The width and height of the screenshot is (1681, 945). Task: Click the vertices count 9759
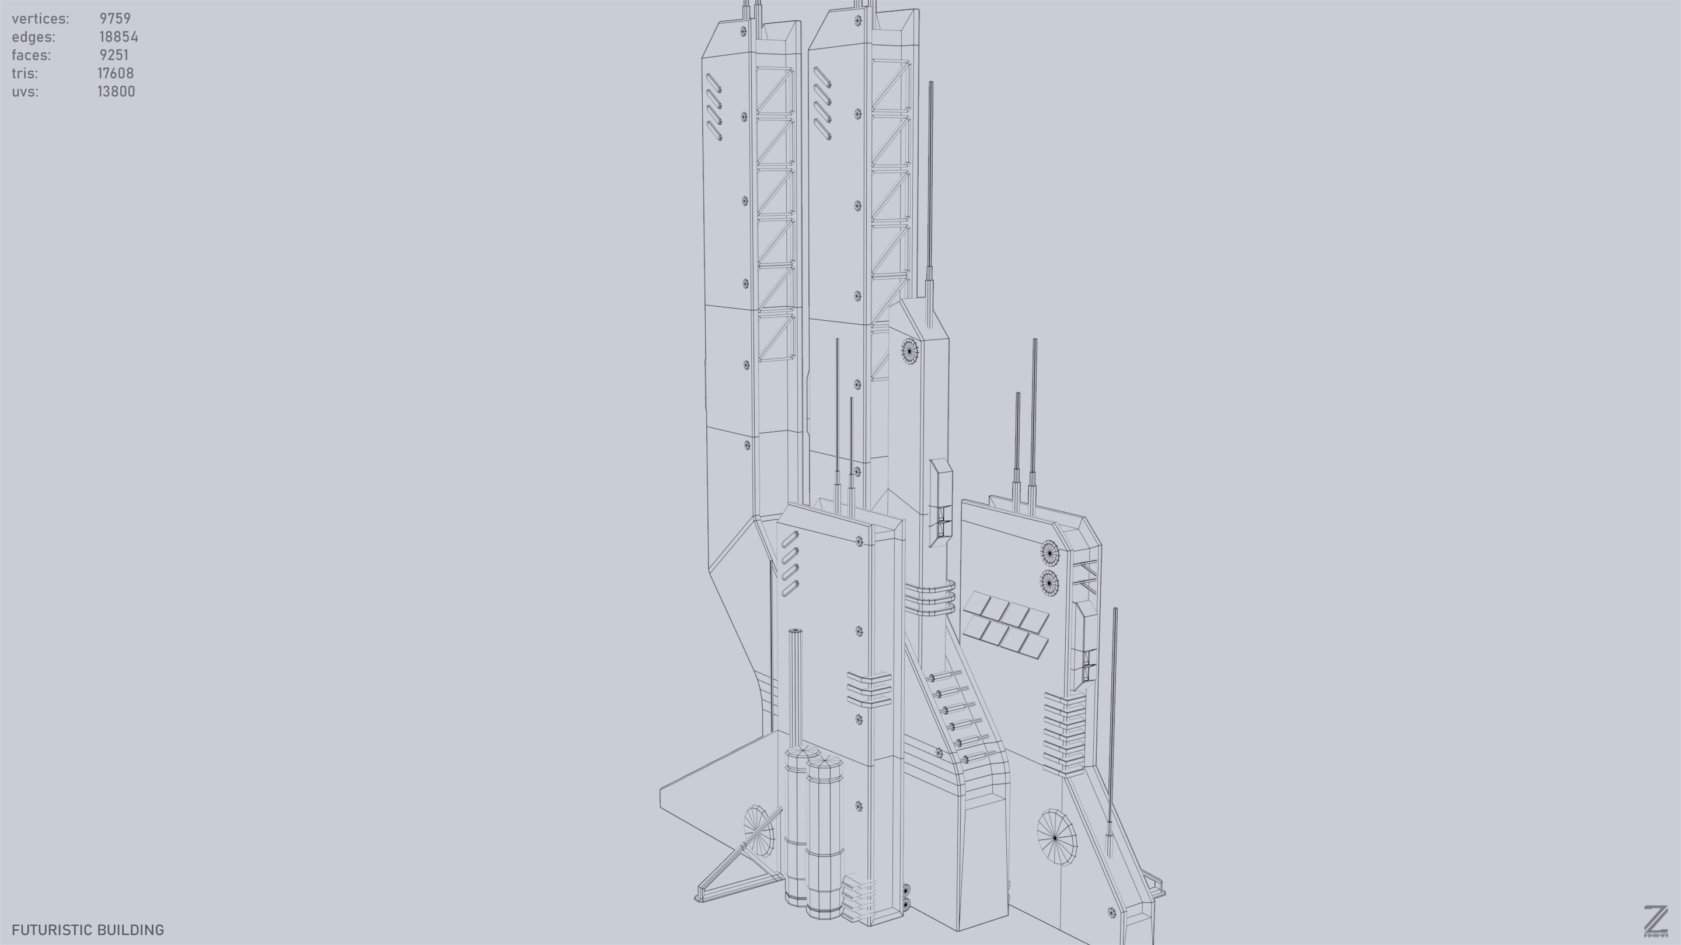click(115, 18)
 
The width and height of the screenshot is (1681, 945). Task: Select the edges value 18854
click(118, 37)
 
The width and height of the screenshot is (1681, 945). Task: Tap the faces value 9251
click(114, 55)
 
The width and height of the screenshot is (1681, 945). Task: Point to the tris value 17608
click(116, 73)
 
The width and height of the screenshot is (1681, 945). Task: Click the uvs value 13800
click(116, 92)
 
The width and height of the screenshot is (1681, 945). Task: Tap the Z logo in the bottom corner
click(1655, 921)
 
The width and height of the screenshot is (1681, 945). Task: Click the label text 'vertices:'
click(40, 18)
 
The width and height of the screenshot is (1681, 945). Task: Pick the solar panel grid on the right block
click(1006, 624)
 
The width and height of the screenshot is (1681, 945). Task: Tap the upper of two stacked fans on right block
click(1049, 553)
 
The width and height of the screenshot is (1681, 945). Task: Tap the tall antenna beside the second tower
click(930, 189)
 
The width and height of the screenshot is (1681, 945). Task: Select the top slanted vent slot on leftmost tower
click(714, 83)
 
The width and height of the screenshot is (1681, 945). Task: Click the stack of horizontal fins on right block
click(1063, 734)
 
